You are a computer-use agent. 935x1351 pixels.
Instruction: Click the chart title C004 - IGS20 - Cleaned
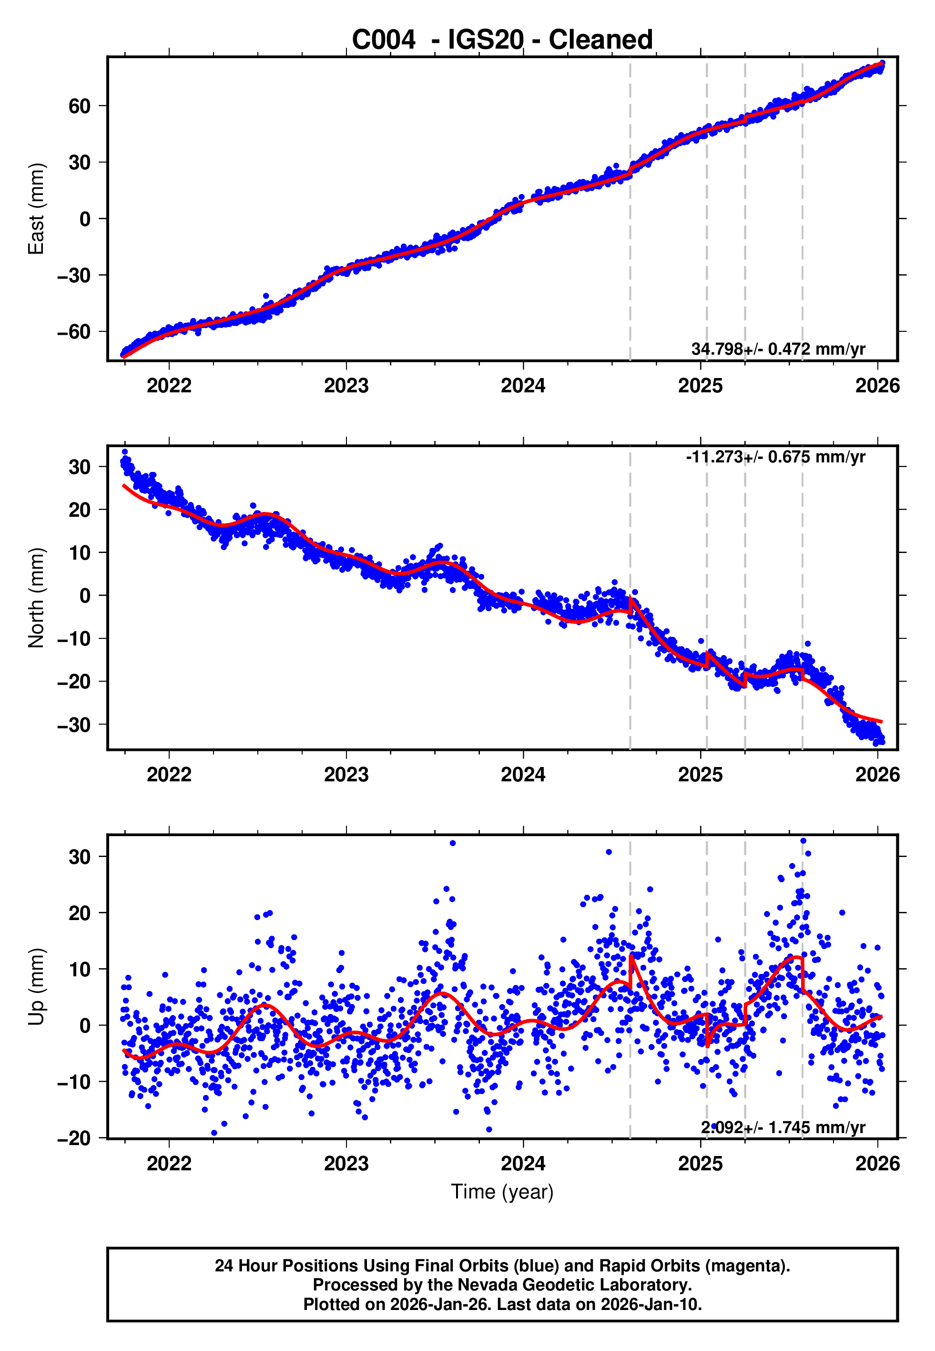point(502,40)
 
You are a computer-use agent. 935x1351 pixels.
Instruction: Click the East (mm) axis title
point(36,209)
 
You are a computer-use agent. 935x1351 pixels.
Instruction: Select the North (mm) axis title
point(36,598)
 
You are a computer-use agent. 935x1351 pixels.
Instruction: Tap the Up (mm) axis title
point(36,987)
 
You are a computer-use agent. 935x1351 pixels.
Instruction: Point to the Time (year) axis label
point(502,1192)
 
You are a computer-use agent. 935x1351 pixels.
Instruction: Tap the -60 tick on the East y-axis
point(74,332)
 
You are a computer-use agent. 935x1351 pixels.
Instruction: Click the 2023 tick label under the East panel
point(346,386)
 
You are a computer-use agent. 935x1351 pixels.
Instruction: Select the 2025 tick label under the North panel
point(700,775)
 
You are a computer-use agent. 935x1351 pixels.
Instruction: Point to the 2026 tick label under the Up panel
point(877,1164)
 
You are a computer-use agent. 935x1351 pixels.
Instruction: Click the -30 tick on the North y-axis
point(74,725)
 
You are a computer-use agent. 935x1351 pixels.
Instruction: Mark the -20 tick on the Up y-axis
point(74,1138)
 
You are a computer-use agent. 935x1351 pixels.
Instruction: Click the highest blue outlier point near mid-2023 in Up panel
point(452,843)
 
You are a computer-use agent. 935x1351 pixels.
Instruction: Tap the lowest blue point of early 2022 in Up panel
point(214,1133)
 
